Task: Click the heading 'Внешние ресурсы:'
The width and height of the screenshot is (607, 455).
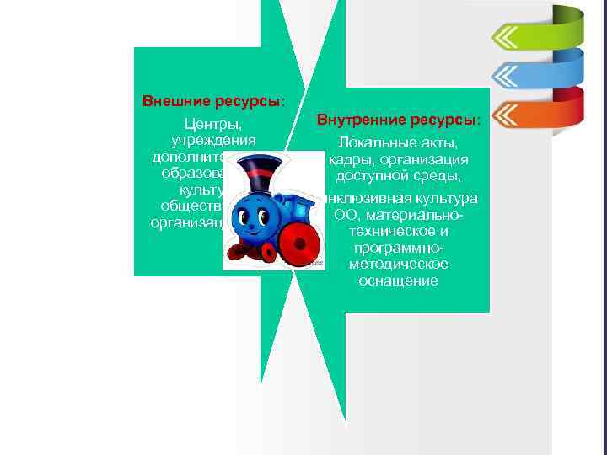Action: pyautogui.click(x=213, y=101)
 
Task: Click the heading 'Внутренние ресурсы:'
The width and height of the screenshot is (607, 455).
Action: pyautogui.click(x=399, y=120)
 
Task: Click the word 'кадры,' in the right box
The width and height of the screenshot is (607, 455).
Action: pyautogui.click(x=349, y=159)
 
